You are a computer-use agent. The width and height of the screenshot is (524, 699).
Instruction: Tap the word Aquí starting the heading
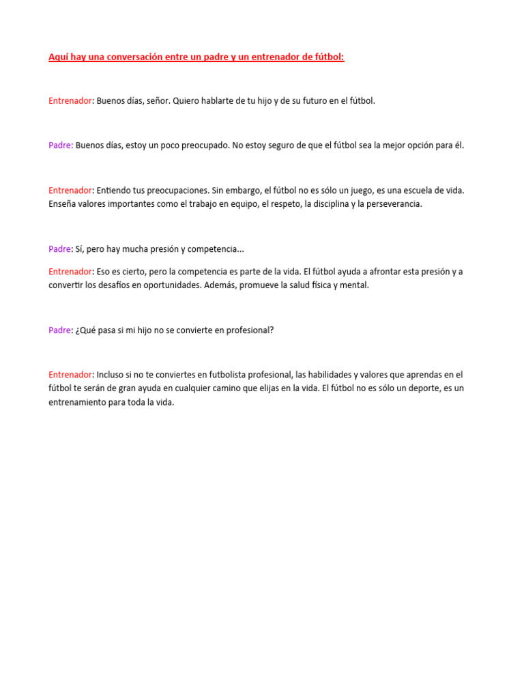(x=59, y=57)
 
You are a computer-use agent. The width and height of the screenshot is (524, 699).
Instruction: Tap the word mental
(x=354, y=285)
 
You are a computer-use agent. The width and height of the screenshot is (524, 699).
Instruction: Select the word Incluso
(x=111, y=375)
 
